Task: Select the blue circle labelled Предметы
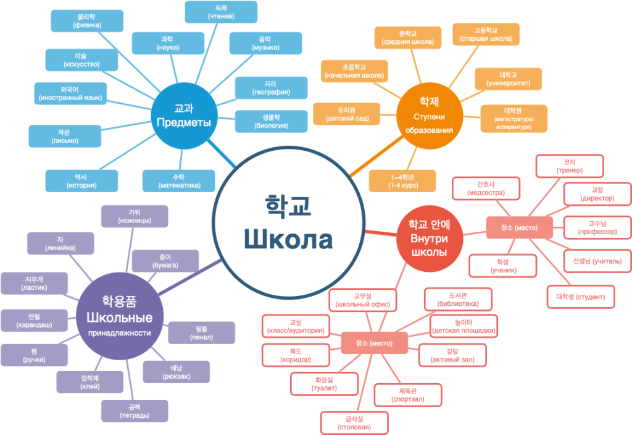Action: pyautogui.click(x=183, y=115)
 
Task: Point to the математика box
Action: pyautogui.click(x=179, y=180)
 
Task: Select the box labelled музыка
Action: pyautogui.click(x=265, y=43)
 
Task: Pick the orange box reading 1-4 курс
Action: pyautogui.click(x=402, y=180)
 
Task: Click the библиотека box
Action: pyautogui.click(x=457, y=299)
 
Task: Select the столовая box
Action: pyautogui.click(x=354, y=423)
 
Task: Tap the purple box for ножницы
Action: pyautogui.click(x=135, y=216)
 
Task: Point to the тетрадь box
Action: pyautogui.click(x=135, y=411)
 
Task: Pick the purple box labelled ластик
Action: pyautogui.click(x=34, y=283)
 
